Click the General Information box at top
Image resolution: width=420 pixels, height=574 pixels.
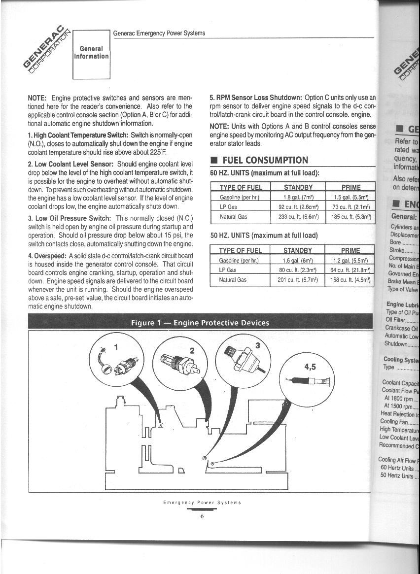click(x=91, y=53)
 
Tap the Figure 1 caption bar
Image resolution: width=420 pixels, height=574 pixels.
click(x=200, y=323)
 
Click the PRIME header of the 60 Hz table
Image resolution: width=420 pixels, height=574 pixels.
click(x=350, y=187)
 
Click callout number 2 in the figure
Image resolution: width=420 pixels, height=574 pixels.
click(x=192, y=350)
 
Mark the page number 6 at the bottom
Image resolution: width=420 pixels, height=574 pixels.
click(x=202, y=516)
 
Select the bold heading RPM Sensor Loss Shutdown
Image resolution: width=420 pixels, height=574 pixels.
click(x=256, y=98)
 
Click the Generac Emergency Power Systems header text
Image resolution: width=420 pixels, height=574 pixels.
click(x=159, y=34)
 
